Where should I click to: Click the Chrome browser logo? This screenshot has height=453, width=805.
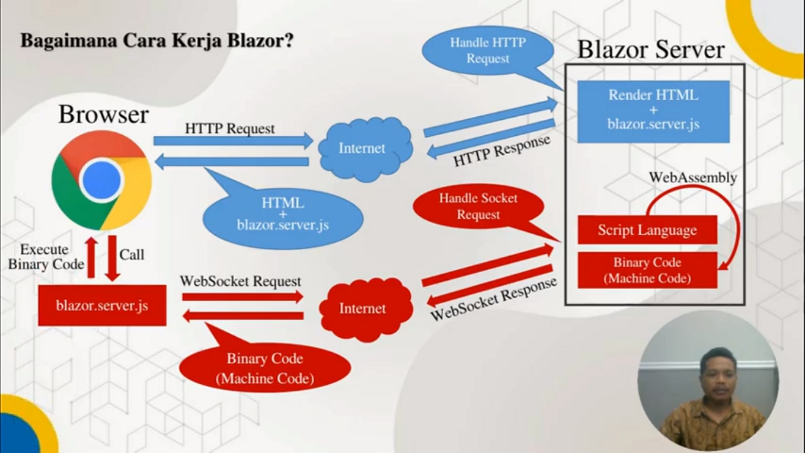tap(101, 180)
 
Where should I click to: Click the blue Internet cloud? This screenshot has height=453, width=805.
tap(363, 148)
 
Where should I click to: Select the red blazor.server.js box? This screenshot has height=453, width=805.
tap(102, 305)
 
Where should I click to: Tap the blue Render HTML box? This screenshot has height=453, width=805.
tap(653, 111)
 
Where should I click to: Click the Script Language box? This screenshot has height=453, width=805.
tap(647, 230)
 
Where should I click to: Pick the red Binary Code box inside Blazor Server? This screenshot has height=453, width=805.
tap(647, 270)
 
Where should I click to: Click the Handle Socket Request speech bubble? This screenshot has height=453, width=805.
tap(478, 207)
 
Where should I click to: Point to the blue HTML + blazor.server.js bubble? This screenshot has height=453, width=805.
tap(283, 213)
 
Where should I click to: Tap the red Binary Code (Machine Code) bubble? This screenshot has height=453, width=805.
tap(264, 368)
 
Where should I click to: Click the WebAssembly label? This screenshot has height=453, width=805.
tap(692, 177)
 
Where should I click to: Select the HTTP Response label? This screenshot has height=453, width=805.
tap(501, 152)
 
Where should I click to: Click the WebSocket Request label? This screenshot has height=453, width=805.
tap(241, 281)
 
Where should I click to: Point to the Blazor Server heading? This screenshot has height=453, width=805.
tap(651, 50)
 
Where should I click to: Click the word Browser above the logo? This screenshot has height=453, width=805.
tap(103, 114)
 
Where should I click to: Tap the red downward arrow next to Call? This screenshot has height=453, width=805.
tap(112, 259)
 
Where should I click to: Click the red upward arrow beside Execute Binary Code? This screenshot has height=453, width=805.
tap(91, 259)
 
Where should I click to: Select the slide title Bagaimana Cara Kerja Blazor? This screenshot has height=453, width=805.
tap(157, 42)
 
